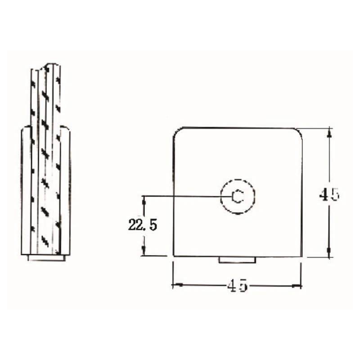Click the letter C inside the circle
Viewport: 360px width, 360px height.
click(237, 196)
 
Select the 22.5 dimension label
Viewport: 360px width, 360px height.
click(142, 225)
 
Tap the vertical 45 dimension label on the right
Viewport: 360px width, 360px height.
click(329, 194)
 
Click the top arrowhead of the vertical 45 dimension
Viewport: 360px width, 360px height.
click(329, 132)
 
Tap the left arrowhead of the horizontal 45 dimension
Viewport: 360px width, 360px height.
click(177, 285)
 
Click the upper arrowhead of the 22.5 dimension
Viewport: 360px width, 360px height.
click(144, 199)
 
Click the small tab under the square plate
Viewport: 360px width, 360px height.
click(237, 260)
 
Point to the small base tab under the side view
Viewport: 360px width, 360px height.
click(46, 258)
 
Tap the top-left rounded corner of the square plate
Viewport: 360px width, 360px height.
click(176, 131)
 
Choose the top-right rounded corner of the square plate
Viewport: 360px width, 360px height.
click(298, 131)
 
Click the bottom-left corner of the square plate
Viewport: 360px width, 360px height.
click(174, 256)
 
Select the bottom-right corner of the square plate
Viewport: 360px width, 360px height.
click(301, 256)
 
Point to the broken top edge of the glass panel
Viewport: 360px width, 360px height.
click(46, 66)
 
